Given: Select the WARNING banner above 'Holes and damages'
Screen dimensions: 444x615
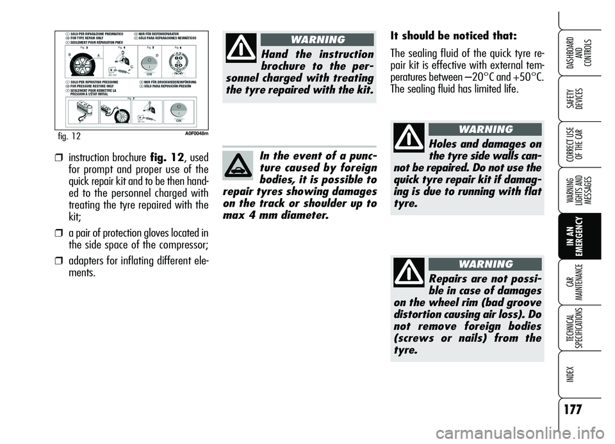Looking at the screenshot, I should coord(485,130).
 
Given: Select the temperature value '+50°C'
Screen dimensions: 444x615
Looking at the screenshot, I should coord(525,76).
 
